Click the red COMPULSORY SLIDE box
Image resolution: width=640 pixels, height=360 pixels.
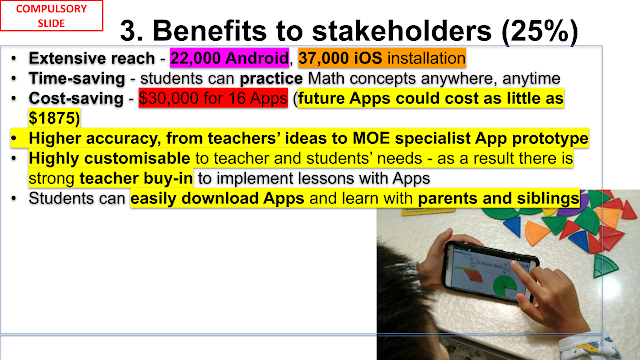[51, 16]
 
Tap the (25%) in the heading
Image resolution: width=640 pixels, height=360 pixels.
[540, 31]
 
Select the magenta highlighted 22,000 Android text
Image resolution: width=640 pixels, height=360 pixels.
[229, 58]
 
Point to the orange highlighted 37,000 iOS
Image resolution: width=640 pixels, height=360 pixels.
[340, 58]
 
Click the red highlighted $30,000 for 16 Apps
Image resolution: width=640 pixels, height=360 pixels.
[213, 98]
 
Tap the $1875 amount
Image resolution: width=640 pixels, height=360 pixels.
[52, 118]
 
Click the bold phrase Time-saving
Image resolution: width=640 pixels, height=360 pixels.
[77, 78]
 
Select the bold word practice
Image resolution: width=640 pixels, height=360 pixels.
[271, 78]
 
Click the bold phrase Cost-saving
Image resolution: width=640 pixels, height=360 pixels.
[76, 98]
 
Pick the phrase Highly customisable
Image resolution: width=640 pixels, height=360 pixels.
[109, 158]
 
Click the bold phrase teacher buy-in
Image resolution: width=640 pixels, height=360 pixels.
[136, 178]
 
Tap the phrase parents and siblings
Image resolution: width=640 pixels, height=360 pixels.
[499, 198]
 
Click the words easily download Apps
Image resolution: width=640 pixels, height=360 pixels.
[217, 198]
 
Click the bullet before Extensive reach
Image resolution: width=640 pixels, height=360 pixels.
[14, 58]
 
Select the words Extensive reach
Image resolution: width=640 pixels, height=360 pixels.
[92, 58]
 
